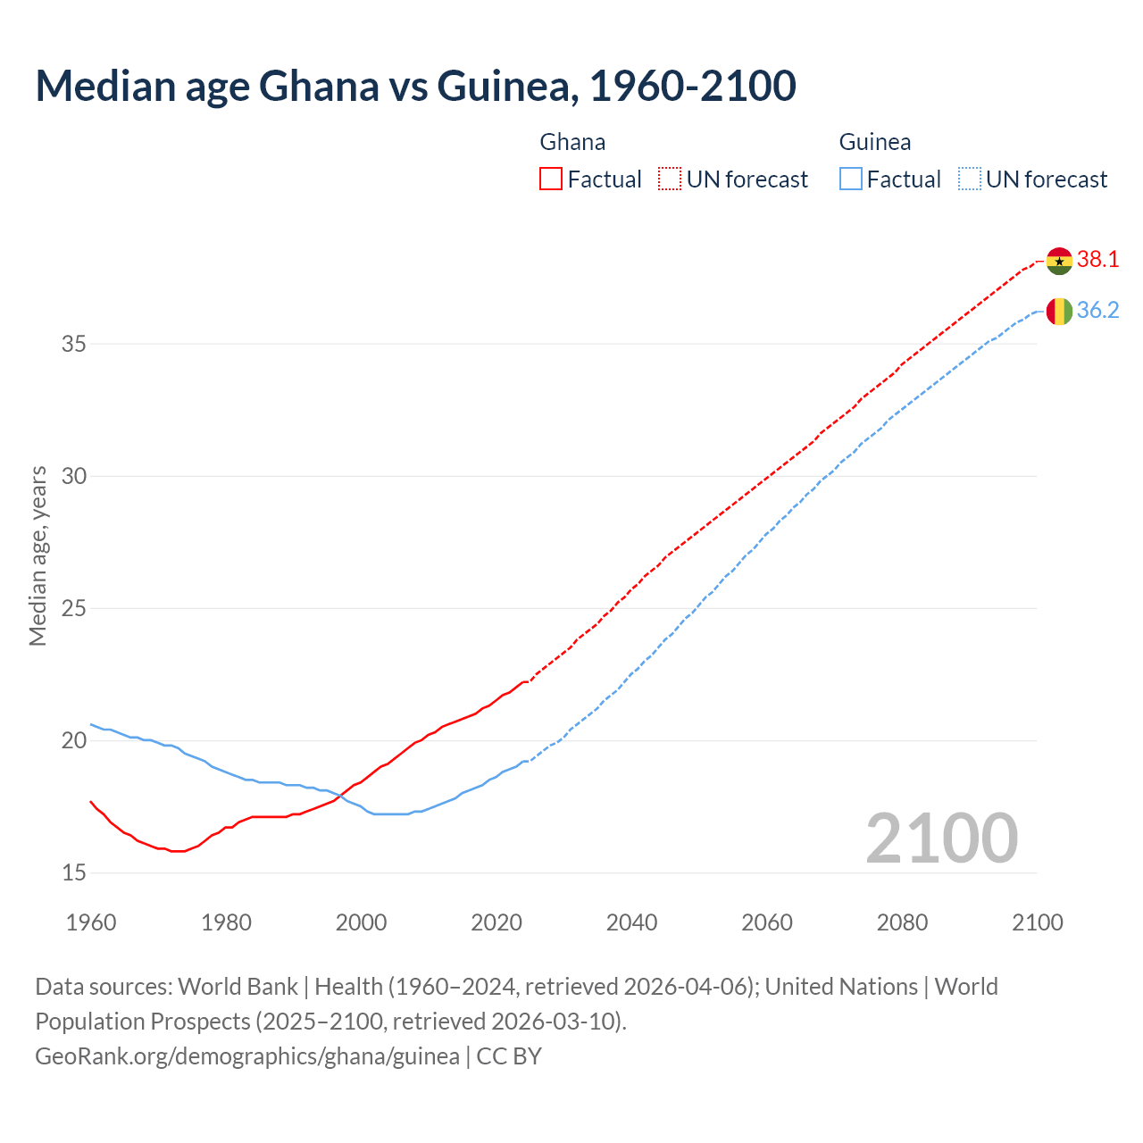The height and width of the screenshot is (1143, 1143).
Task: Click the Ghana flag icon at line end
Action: point(1059,261)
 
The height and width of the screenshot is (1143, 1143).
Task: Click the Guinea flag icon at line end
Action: point(1059,311)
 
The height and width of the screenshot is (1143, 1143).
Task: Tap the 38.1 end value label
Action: point(1097,260)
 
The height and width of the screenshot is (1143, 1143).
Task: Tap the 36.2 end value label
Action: point(1097,311)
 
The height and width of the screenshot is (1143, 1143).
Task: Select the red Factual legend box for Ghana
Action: point(551,179)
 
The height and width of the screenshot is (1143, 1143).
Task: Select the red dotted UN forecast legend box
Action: point(670,179)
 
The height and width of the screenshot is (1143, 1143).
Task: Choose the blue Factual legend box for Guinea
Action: point(851,179)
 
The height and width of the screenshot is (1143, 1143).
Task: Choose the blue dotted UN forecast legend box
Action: point(969,179)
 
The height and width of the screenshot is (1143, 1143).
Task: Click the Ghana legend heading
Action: point(572,142)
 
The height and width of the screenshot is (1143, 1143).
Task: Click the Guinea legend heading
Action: point(875,142)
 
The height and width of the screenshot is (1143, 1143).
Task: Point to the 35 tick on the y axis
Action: point(73,344)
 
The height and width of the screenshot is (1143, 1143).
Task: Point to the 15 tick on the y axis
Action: point(73,872)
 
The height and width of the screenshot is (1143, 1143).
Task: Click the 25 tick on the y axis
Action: point(73,608)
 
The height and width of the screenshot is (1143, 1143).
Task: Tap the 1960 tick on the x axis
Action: point(91,922)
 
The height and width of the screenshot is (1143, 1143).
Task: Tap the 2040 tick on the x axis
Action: point(631,922)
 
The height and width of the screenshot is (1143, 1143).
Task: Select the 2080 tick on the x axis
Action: point(902,922)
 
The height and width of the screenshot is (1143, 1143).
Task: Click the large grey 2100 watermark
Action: point(941,838)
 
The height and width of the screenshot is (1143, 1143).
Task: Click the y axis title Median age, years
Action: point(38,555)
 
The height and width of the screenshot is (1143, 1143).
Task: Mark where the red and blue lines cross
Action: point(341,797)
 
